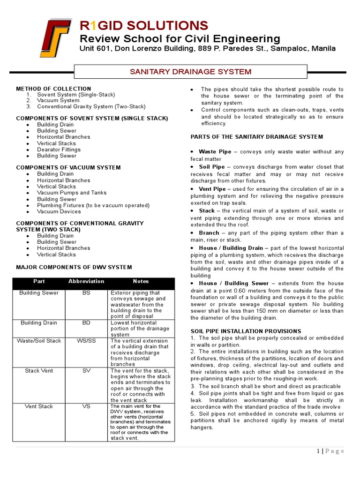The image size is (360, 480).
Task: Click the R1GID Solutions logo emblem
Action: pyautogui.click(x=55, y=38)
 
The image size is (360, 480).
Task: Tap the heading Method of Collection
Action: pyautogui.click(x=53, y=89)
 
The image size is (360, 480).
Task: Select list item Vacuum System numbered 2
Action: pyautogui.click(x=58, y=100)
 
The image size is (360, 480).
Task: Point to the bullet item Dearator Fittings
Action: pyautogui.click(x=60, y=150)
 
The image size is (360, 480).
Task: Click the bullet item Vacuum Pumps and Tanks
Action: pyautogui.click(x=72, y=193)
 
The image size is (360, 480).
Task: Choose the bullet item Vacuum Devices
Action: pyautogui.click(x=59, y=211)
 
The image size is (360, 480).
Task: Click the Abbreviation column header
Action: pyautogui.click(x=86, y=281)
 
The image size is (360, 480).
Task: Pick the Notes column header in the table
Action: pyautogui.click(x=141, y=281)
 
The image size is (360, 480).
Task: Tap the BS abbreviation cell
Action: pyautogui.click(x=86, y=293)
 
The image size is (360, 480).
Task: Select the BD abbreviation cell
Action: pyautogui.click(x=86, y=323)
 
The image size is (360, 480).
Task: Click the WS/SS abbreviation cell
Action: pyautogui.click(x=86, y=341)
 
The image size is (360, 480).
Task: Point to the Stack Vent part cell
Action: pyautogui.click(x=39, y=371)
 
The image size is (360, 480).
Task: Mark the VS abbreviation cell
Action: pyautogui.click(x=86, y=406)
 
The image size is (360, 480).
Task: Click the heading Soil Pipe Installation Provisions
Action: pyautogui.click(x=246, y=331)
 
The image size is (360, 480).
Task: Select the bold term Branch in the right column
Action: pyautogui.click(x=209, y=233)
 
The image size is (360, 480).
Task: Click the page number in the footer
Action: pyautogui.click(x=319, y=451)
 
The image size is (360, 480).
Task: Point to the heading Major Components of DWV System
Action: pyautogui.click(x=74, y=267)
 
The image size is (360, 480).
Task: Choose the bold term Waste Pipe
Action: pyautogui.click(x=215, y=152)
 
